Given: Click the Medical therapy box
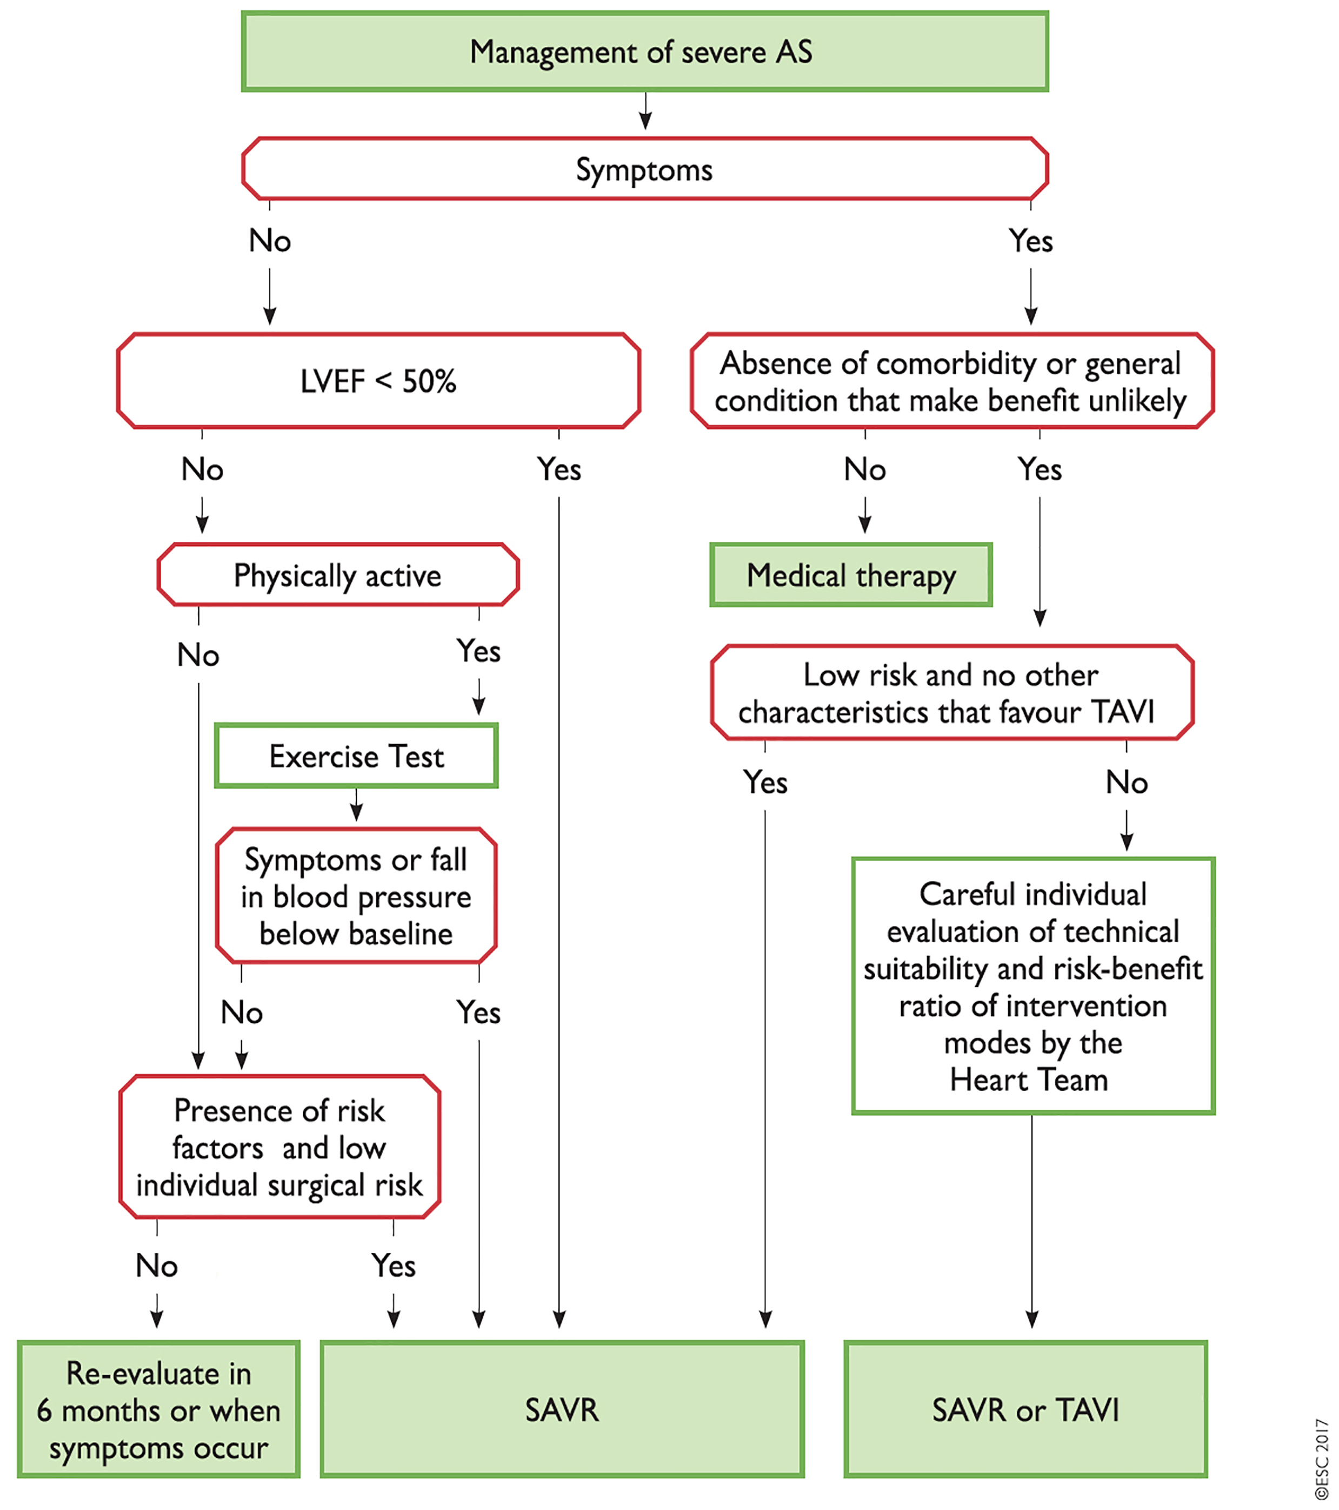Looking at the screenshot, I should (850, 575).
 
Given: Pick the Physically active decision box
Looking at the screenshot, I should (337, 575).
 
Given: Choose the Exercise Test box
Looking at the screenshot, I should (356, 756).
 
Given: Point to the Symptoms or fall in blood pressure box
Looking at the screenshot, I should (356, 896).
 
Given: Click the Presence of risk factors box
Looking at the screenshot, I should (279, 1147).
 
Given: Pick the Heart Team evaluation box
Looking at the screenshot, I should (1032, 986).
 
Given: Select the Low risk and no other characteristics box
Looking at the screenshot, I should (951, 693).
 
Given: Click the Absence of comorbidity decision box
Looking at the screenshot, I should (951, 381).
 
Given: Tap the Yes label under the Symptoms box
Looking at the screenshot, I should (1030, 241).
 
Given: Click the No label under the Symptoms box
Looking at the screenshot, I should (270, 241).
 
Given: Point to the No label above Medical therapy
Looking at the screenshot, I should (865, 469).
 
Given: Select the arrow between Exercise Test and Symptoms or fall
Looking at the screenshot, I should (356, 805).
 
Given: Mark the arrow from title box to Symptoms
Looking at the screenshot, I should (645, 111).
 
